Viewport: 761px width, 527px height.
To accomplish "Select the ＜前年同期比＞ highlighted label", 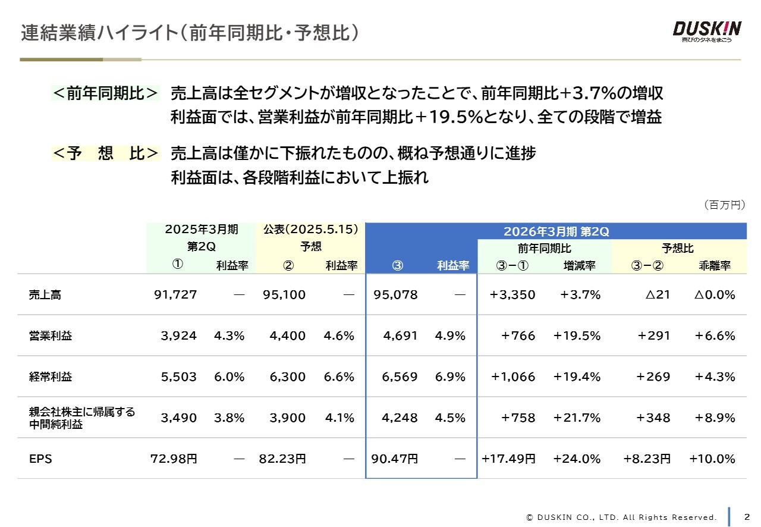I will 106,93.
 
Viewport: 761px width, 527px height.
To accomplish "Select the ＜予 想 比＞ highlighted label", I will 106,153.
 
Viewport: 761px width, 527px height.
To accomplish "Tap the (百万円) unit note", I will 724,205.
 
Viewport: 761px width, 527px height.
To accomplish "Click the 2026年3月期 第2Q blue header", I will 556,231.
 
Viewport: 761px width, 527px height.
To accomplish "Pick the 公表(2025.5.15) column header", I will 311,230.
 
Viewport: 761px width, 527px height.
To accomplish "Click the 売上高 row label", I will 45,294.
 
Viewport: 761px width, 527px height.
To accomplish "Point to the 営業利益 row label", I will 51,335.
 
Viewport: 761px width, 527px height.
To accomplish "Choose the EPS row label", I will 40,459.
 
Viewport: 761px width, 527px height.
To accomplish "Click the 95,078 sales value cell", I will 395,294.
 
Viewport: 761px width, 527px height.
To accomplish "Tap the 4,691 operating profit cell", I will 400,335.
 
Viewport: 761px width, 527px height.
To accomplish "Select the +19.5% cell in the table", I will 577,335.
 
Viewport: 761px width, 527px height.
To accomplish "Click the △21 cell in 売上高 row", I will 658,294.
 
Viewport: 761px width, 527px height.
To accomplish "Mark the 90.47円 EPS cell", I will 394,459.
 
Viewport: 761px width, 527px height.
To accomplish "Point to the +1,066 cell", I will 512,377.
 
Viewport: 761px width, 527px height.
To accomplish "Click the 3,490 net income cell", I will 178,418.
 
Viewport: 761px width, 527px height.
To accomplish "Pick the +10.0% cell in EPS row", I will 712,459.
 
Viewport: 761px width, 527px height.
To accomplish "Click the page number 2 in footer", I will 747,516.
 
